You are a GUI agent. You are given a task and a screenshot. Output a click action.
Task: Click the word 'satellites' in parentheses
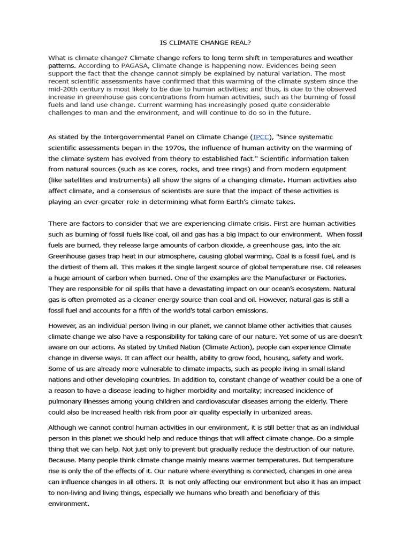[79, 180]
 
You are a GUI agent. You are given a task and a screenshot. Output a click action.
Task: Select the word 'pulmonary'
[67, 401]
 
